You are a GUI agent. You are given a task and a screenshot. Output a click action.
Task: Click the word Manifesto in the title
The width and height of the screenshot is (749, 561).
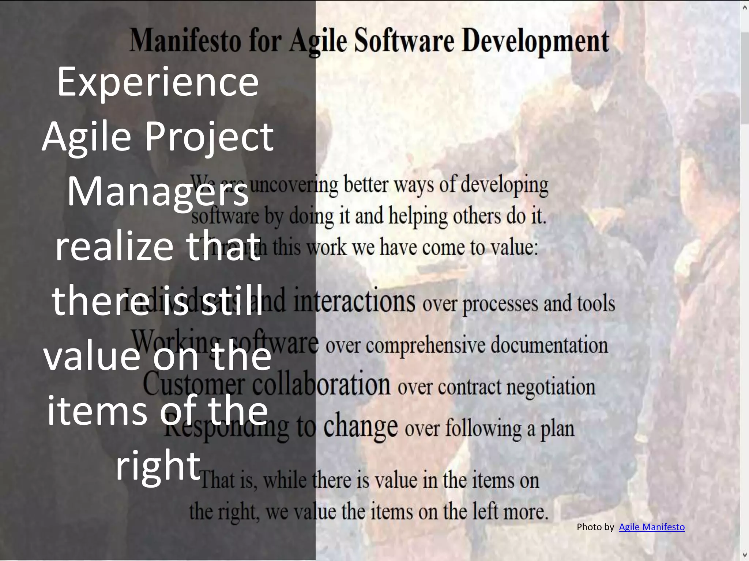(x=185, y=41)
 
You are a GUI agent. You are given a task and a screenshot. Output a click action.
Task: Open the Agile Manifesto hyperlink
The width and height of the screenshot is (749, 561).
(x=652, y=527)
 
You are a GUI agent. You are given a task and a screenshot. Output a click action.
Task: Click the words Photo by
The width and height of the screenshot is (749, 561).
(x=595, y=527)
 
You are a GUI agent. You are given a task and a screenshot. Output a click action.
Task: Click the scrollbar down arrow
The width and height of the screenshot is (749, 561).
(x=745, y=555)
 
